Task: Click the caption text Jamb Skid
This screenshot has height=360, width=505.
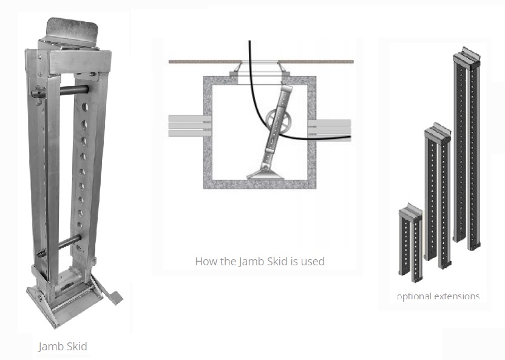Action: [x=63, y=347]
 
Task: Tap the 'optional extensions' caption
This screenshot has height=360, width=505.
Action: [x=438, y=296]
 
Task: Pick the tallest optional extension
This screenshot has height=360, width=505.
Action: [x=467, y=148]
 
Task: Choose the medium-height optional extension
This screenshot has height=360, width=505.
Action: [x=438, y=197]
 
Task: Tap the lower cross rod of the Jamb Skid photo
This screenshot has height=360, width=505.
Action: [x=59, y=246]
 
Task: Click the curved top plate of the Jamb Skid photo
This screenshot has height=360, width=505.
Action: [x=72, y=30]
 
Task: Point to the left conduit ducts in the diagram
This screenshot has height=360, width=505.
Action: [x=190, y=126]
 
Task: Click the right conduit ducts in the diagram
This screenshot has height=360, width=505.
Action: [x=329, y=130]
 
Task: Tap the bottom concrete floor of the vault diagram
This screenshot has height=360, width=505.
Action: [x=260, y=185]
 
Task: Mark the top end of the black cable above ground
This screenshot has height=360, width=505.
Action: [x=249, y=41]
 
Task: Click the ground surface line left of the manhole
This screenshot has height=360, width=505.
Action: [x=205, y=61]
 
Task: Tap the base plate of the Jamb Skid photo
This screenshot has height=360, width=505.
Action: [x=64, y=306]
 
